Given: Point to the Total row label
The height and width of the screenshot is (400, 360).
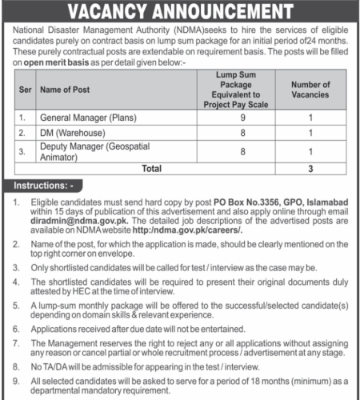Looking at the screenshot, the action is (150, 169).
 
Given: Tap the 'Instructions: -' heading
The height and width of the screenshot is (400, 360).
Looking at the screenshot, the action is (45, 186).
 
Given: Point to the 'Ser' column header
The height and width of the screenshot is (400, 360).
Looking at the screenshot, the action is (24, 90).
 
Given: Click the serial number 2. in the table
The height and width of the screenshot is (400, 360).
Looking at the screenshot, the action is (23, 134).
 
